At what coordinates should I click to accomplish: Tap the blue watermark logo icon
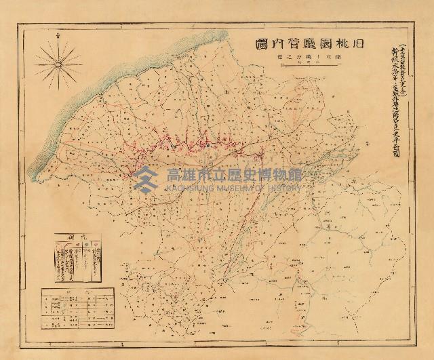144,178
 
